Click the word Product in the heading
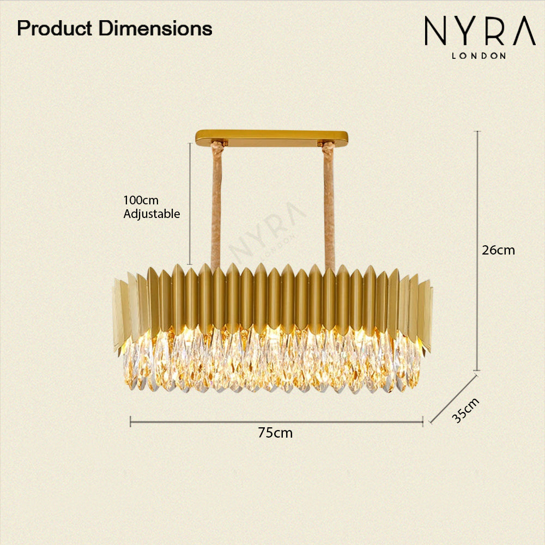[x=55, y=29]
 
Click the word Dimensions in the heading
[x=155, y=28]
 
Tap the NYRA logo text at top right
[x=480, y=31]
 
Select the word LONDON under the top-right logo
[x=479, y=56]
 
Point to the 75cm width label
[x=275, y=433]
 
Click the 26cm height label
[x=498, y=250]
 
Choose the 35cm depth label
[x=466, y=410]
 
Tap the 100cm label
[x=141, y=201]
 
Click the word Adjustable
[x=152, y=214]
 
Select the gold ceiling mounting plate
[x=271, y=138]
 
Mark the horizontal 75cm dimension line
[x=276, y=422]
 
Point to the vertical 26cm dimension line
[x=478, y=251]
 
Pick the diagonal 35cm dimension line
[x=453, y=399]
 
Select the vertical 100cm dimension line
[x=190, y=204]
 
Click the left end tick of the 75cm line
[x=130, y=422]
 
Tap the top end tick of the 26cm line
[x=478, y=131]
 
